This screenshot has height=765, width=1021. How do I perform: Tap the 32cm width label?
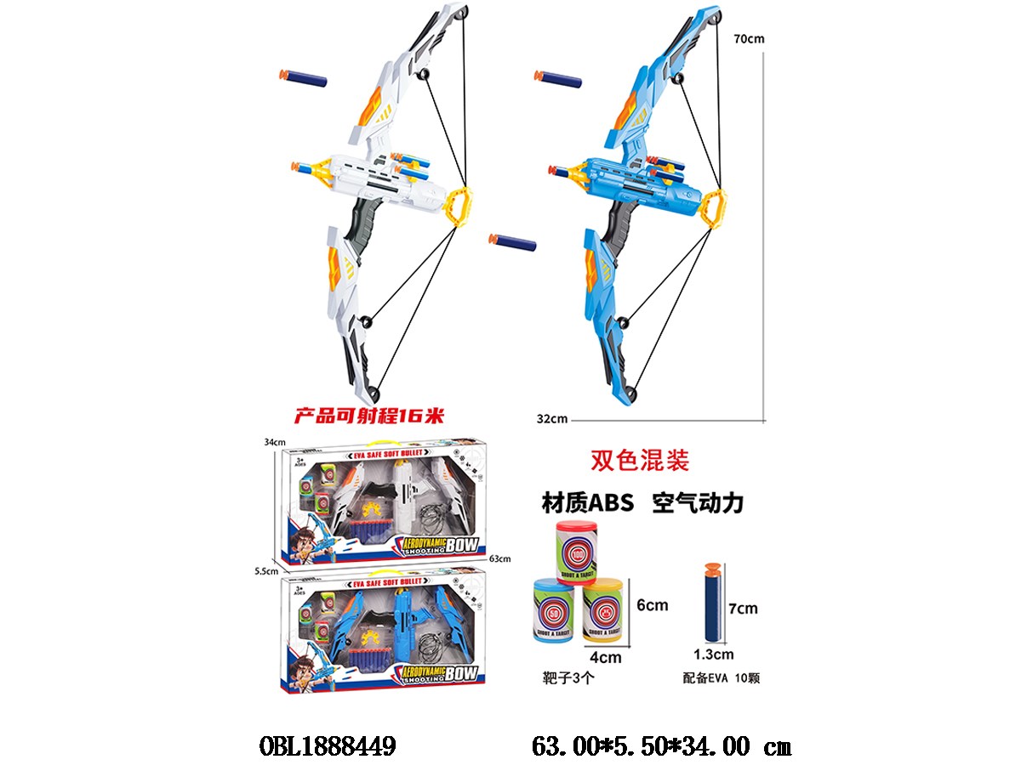552,418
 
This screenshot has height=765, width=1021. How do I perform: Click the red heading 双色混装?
639,460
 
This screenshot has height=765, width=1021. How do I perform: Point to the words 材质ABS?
588,502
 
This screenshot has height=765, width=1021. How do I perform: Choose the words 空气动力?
699,502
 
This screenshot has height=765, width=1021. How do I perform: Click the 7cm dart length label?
743,609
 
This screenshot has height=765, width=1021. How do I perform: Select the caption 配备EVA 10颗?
721,678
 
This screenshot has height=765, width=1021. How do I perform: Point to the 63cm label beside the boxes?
500,558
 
